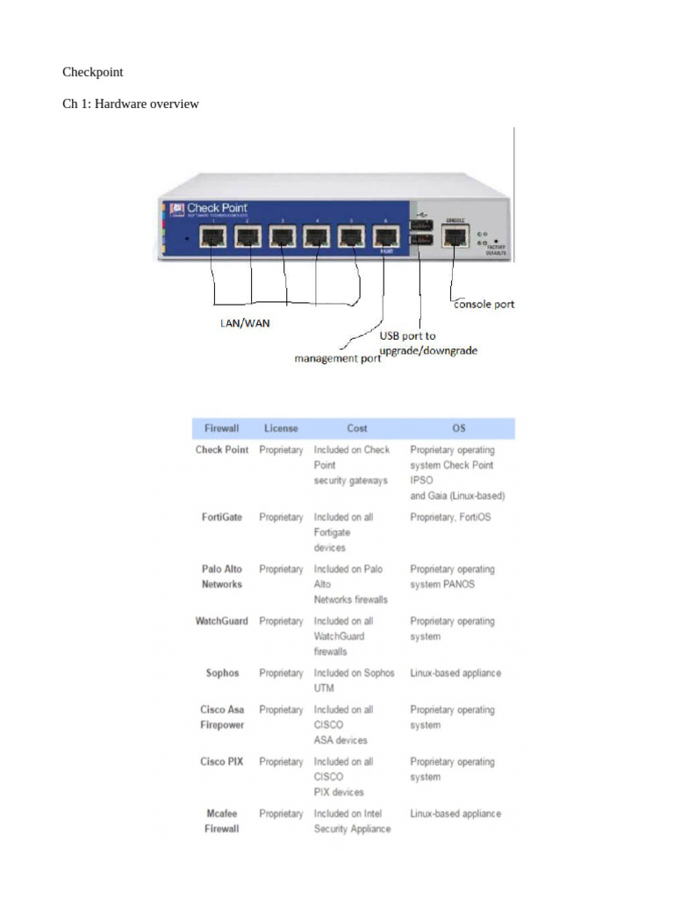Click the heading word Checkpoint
pyautogui.click(x=92, y=72)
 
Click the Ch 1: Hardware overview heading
pyautogui.click(x=130, y=104)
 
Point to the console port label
pyautogui.click(x=484, y=304)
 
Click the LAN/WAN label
pyautogui.click(x=245, y=323)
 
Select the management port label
pyautogui.click(x=337, y=358)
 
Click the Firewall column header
pyautogui.click(x=221, y=428)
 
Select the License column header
pyautogui.click(x=281, y=428)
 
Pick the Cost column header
pyautogui.click(x=357, y=428)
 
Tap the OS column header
pyautogui.click(x=458, y=428)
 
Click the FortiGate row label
pyautogui.click(x=221, y=517)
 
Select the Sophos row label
pyautogui.click(x=222, y=673)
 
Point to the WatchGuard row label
pyautogui.click(x=221, y=622)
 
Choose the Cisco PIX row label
pyautogui.click(x=221, y=762)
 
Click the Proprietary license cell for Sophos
pyautogui.click(x=281, y=673)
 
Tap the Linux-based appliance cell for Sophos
pyautogui.click(x=455, y=673)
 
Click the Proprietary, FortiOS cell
pyautogui.click(x=450, y=517)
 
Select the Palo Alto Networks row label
pyautogui.click(x=221, y=577)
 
